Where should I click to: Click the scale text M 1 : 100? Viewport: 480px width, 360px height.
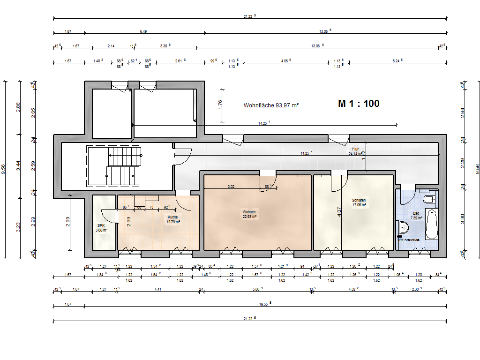point(359,104)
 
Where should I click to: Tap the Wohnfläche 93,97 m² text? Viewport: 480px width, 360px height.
point(271,105)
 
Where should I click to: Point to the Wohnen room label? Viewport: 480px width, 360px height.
point(249,214)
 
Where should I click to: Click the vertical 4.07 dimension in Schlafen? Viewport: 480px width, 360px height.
point(339,211)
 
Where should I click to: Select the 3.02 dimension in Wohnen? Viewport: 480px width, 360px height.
point(231,187)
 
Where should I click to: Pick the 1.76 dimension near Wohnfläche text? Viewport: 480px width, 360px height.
point(220,105)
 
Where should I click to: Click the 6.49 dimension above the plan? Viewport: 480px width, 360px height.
point(143,31)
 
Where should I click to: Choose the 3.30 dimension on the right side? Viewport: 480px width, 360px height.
point(462,219)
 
